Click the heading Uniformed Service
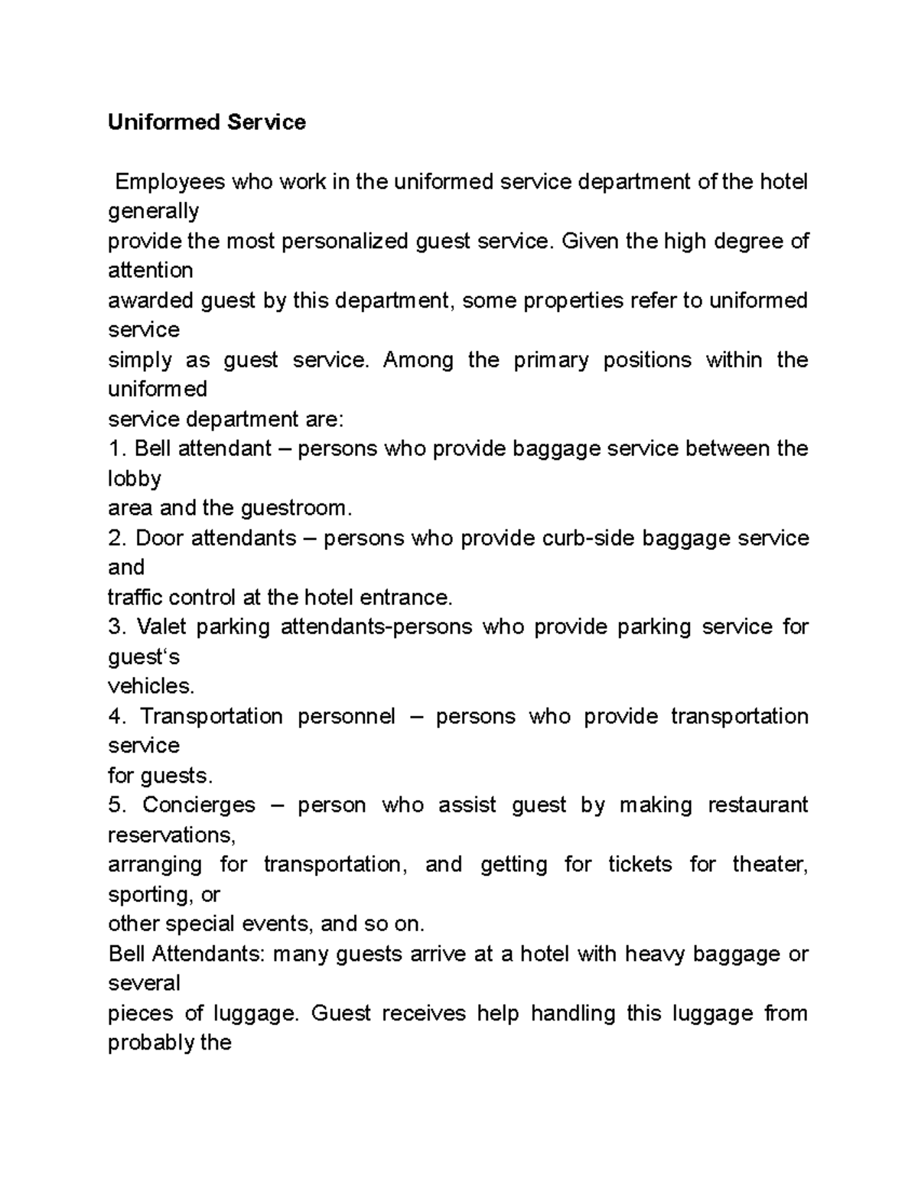coord(207,122)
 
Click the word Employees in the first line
coord(170,182)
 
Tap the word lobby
coord(135,479)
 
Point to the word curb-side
coord(588,539)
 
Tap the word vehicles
coord(146,686)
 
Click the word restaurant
coord(757,806)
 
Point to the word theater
coord(770,865)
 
